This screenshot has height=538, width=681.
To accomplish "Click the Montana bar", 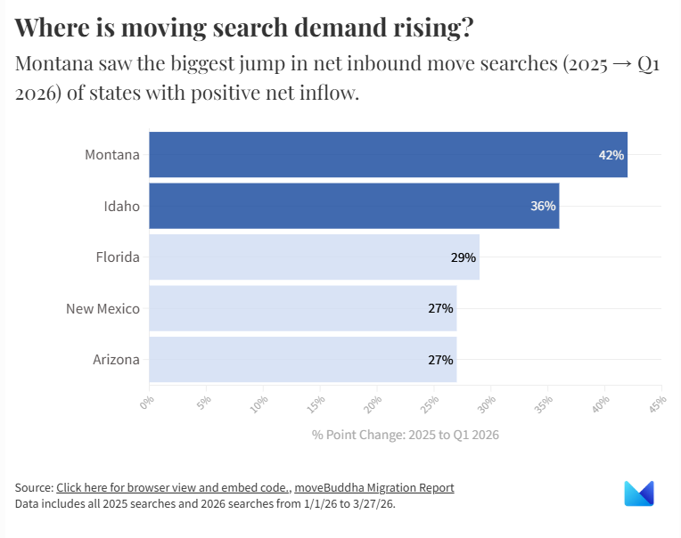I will [388, 155].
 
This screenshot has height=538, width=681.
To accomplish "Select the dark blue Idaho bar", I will [354, 206].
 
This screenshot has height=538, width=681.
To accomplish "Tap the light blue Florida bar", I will [314, 257].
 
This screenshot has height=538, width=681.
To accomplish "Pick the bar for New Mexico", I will [302, 308].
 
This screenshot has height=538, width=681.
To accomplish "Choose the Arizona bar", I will [302, 360].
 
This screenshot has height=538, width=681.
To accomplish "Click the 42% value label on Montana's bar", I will [611, 155].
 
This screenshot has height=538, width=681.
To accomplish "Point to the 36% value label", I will [543, 206].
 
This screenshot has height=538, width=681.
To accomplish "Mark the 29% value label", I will [464, 257].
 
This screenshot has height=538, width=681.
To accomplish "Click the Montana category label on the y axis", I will [112, 155].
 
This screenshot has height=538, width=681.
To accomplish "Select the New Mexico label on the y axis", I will [103, 308].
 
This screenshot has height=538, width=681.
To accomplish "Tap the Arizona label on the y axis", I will [116, 360].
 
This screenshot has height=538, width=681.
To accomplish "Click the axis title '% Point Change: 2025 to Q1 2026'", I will [405, 435].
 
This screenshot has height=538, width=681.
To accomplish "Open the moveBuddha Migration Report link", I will [374, 487].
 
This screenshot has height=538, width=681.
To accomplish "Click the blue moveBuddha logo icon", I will [639, 493].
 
